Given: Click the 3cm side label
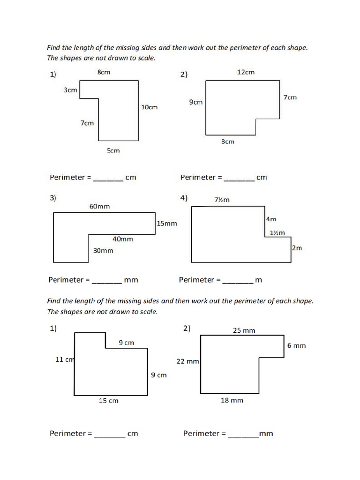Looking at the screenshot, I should [70, 90].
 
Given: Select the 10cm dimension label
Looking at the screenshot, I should [150, 107].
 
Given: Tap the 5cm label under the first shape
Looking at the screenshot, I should [113, 150].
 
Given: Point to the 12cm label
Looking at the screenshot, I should [246, 72].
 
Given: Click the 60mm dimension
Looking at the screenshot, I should [100, 206].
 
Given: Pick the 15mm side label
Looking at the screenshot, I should [167, 224].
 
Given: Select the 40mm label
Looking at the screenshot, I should [123, 239].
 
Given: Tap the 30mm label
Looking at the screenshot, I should [103, 251].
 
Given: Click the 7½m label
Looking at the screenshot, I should [222, 200].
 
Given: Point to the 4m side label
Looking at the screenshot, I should [271, 219].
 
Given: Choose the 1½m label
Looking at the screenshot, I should [277, 233].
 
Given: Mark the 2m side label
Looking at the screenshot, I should [297, 248].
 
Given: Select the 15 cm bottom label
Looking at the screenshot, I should [108, 400].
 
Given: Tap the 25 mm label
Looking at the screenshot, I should [244, 330].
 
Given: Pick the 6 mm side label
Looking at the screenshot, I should [296, 346].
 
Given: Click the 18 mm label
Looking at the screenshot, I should [232, 400].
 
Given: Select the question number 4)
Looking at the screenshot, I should [184, 198].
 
